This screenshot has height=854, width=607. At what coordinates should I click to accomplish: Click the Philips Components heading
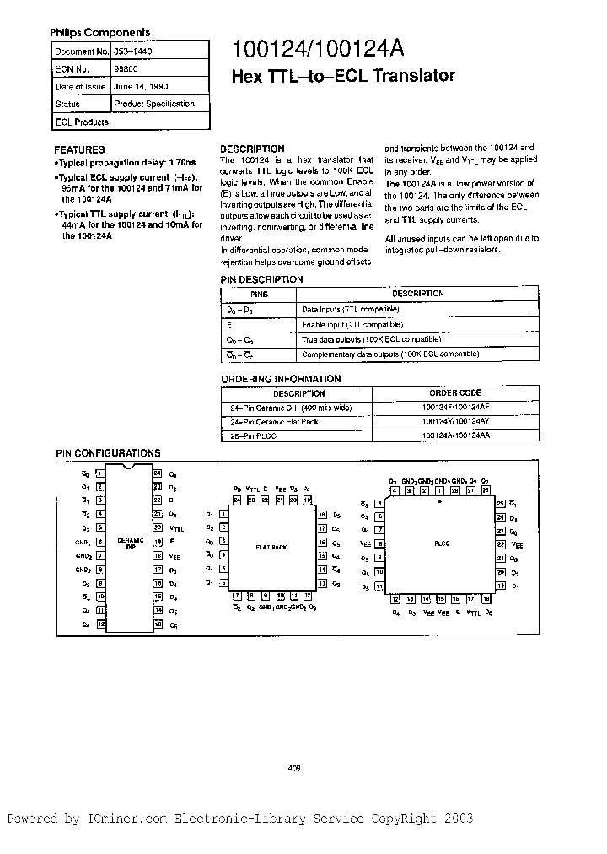pyautogui.click(x=99, y=32)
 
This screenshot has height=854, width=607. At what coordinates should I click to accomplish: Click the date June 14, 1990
pyautogui.click(x=137, y=87)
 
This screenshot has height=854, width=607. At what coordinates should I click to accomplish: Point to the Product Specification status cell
pyautogui.click(x=153, y=104)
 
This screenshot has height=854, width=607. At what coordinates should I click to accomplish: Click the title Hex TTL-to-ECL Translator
pyautogui.click(x=343, y=76)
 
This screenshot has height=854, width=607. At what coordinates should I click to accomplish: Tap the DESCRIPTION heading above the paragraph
pyautogui.click(x=252, y=149)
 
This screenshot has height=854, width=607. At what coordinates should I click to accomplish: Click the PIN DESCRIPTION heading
pyautogui.click(x=261, y=279)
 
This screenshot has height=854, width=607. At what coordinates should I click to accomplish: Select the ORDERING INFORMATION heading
pyautogui.click(x=281, y=379)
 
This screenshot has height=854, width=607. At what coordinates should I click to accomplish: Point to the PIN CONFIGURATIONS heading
pyautogui.click(x=108, y=453)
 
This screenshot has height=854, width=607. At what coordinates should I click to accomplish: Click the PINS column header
pyautogui.click(x=259, y=294)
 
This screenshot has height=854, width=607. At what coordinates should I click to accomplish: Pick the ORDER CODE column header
pyautogui.click(x=454, y=393)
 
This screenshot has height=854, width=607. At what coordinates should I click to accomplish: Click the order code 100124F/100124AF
pyautogui.click(x=454, y=407)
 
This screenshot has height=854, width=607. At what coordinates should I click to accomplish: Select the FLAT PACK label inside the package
pyautogui.click(x=271, y=548)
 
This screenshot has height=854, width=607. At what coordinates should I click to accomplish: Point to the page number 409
pyautogui.click(x=295, y=768)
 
